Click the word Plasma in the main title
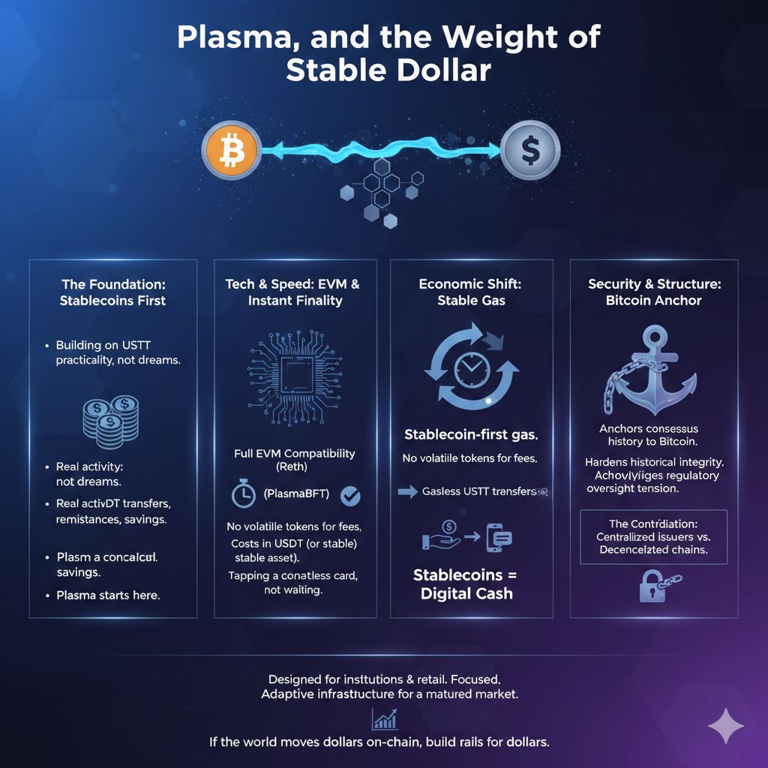(x=224, y=38)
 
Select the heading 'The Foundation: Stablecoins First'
(x=113, y=292)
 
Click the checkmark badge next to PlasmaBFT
(x=350, y=496)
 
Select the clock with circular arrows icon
(x=470, y=367)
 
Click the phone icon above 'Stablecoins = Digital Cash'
(x=499, y=537)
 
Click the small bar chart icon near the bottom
(x=384, y=720)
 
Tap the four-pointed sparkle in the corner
(x=726, y=727)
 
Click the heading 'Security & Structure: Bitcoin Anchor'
(x=655, y=292)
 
